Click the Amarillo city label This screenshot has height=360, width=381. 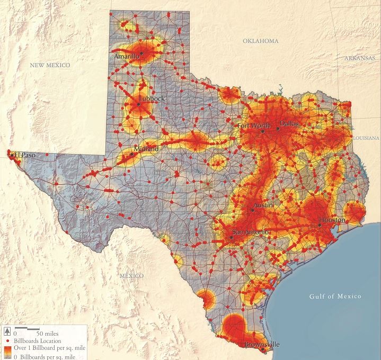[x=127, y=56]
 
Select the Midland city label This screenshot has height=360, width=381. [x=146, y=149]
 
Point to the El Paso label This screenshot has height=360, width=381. [x=24, y=155]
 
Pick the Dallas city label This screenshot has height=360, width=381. [x=289, y=123]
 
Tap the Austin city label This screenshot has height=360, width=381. [x=263, y=205]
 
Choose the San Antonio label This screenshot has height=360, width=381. [x=251, y=233]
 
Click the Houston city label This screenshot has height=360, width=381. [x=332, y=220]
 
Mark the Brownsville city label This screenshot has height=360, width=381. [x=262, y=345]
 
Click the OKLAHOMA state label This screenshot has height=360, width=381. [x=261, y=41]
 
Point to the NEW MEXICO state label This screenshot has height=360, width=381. [x=50, y=65]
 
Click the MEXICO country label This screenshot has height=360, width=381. [x=131, y=276]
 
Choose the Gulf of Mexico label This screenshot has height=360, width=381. [x=335, y=296]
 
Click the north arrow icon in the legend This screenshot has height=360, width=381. [x=6, y=331]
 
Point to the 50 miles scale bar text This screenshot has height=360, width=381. [x=47, y=334]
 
